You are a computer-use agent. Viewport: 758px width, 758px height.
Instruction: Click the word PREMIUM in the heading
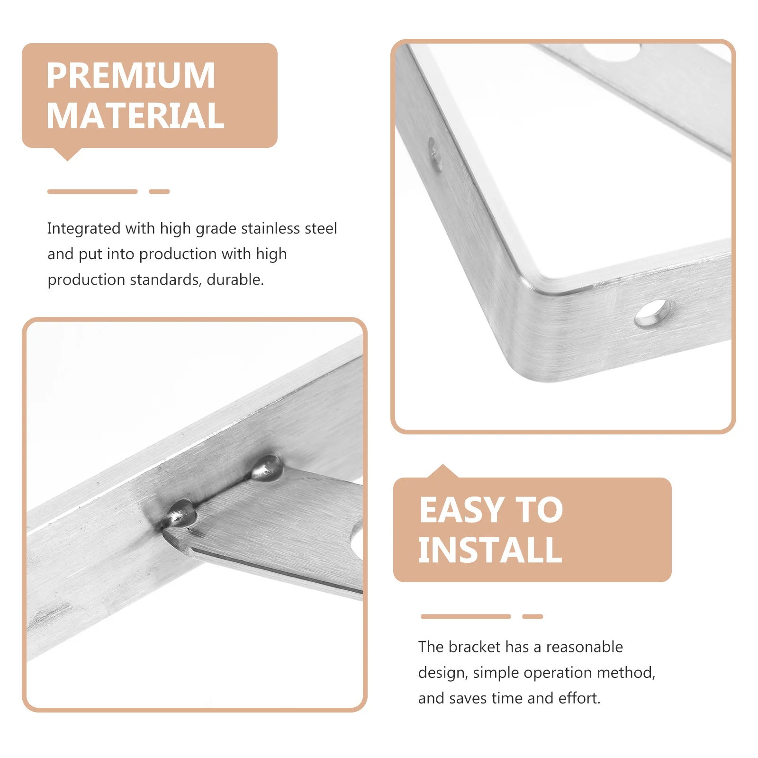tap(131, 76)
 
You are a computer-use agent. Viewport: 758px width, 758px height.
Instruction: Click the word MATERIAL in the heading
tap(135, 116)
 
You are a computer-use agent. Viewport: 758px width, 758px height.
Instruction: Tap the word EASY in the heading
tap(461, 510)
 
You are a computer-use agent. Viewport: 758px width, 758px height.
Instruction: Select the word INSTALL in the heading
tap(490, 550)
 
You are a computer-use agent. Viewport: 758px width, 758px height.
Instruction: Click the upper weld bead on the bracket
tap(267, 468)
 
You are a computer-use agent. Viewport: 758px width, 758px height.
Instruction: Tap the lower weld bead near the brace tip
tap(181, 513)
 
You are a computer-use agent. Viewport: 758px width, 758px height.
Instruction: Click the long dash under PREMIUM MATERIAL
tap(92, 191)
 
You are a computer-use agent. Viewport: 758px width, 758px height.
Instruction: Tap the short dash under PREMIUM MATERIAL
tap(159, 191)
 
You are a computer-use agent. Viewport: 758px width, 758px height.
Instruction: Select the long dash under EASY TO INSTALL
tap(465, 616)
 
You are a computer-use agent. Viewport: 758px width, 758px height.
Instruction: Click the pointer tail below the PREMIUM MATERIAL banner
tap(67, 154)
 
